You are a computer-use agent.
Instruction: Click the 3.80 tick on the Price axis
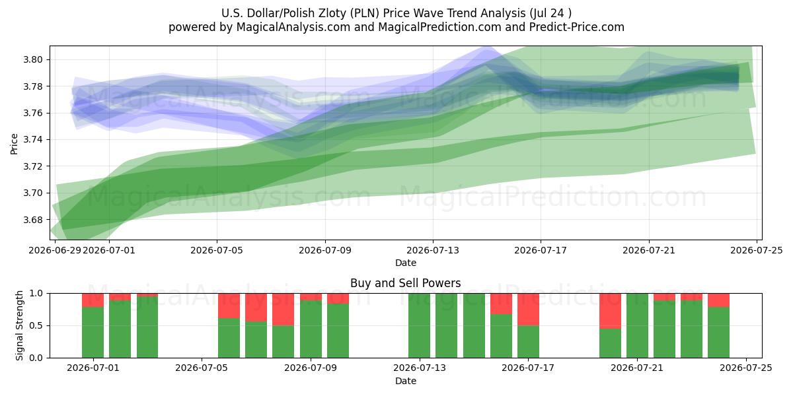pos(32,59)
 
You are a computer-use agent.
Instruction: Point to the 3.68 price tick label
pos(32,220)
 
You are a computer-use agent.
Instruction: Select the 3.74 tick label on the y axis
pos(32,140)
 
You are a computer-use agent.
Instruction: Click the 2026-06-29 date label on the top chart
pos(55,250)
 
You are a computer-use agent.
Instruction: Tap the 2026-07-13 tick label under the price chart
pos(433,250)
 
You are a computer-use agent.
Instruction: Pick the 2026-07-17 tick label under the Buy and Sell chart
pos(528,368)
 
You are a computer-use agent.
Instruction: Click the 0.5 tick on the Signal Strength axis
pos(36,325)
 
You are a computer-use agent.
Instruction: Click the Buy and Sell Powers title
pos(406,283)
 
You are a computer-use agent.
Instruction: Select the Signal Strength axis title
pos(19,325)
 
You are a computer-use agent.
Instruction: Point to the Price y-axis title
pos(14,144)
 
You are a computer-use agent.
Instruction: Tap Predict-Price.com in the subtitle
pos(577,27)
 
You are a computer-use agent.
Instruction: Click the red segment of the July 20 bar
pos(610,311)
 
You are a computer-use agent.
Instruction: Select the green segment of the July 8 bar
pos(283,342)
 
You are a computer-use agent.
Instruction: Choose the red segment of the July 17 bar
pos(528,310)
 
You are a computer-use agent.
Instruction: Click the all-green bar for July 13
pos(419,325)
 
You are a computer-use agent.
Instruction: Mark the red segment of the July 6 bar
pos(229,306)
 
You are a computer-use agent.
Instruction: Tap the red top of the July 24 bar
pos(719,300)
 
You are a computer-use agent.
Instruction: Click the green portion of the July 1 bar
pos(93,333)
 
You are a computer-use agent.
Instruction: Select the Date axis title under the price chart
pos(406,263)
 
